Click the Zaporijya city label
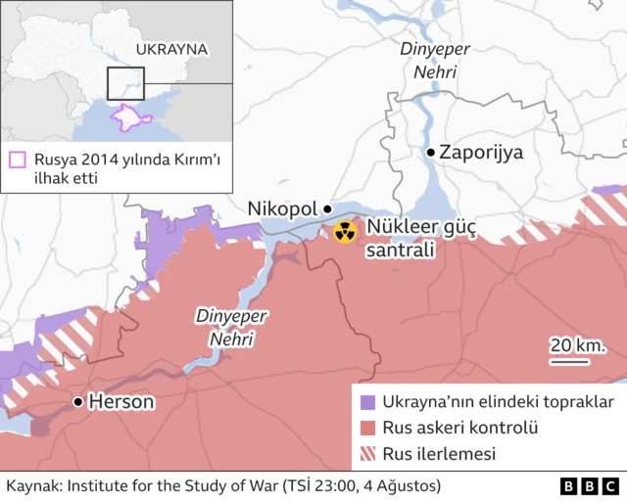coord(481,153)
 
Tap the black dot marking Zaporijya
coord(430,153)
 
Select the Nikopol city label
coord(283,208)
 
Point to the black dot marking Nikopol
coord(327,208)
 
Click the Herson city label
coord(121,401)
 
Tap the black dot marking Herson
coord(77,401)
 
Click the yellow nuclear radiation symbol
coord(344,232)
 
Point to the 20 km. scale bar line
coord(568,360)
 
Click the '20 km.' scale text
coord(576,344)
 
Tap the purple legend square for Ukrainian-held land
coord(368,402)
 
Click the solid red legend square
coord(368,428)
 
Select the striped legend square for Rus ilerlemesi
coord(368,454)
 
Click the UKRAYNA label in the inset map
coord(171,48)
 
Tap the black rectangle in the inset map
coord(125,85)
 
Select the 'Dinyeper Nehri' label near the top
coord(428,60)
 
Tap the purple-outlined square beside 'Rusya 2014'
coord(17,159)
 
